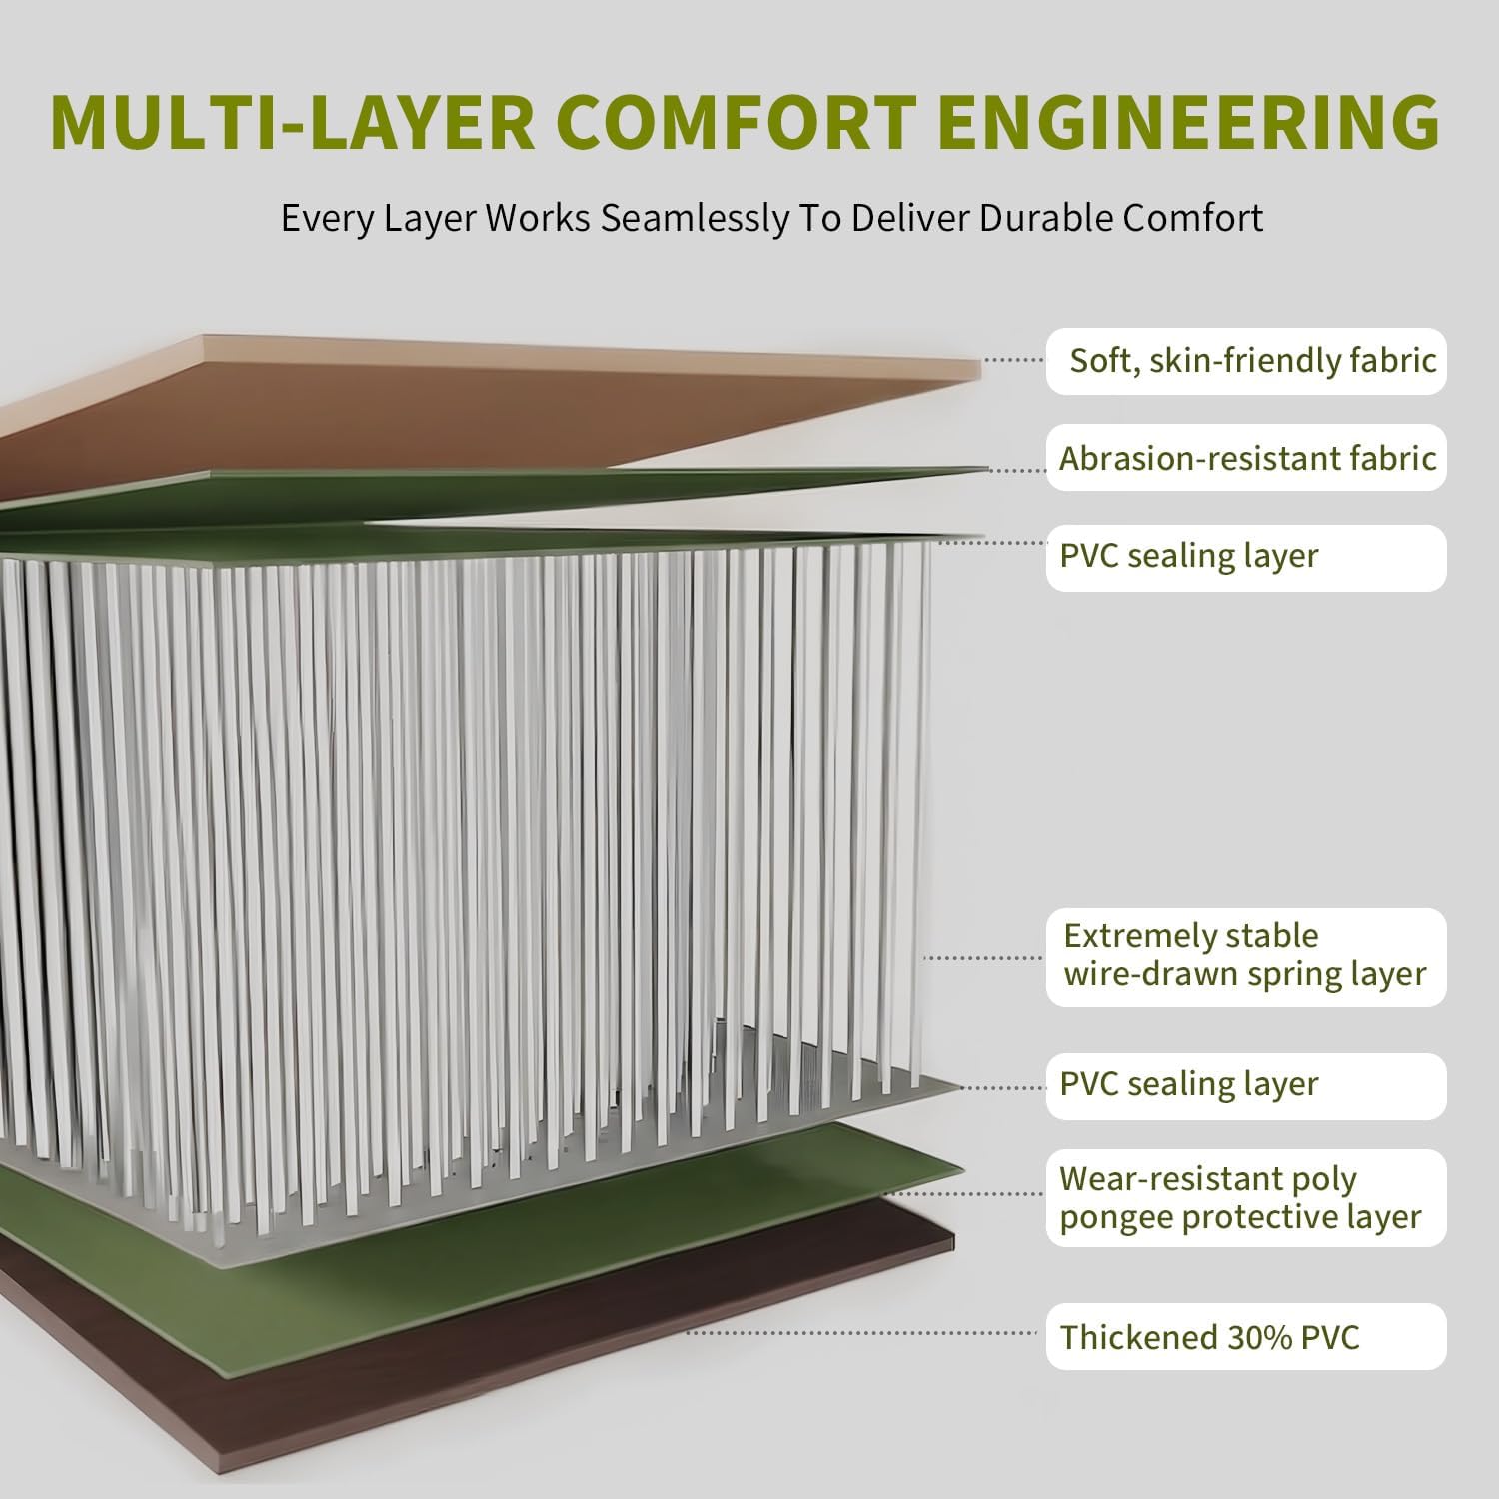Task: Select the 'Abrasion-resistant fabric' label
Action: coord(1246,458)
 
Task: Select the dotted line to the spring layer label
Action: coord(984,957)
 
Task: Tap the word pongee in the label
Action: coord(1117,1218)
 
